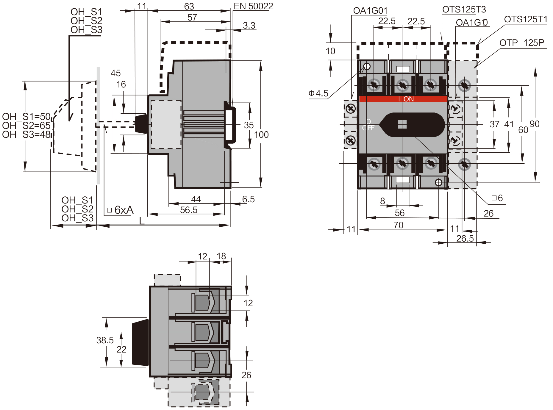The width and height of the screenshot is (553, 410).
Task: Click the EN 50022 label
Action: [x=253, y=6]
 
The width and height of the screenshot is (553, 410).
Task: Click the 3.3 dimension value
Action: [x=249, y=26]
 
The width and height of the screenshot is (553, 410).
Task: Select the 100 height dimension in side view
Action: [x=261, y=135]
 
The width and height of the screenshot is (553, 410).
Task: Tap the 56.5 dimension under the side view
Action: [x=189, y=210]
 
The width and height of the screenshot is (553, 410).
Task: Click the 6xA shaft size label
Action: [x=124, y=210]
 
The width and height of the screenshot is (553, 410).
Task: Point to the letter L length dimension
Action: [x=142, y=221]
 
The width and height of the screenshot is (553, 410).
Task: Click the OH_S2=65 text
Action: [x=26, y=126]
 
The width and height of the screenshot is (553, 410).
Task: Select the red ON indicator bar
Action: [x=403, y=99]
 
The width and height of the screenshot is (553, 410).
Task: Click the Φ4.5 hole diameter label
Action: [x=318, y=93]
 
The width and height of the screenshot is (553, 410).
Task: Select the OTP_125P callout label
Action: [x=521, y=43]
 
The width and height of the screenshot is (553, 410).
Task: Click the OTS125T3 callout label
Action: [x=464, y=10]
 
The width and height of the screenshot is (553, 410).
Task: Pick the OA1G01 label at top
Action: [x=370, y=11]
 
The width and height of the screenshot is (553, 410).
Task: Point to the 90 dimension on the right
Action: [x=535, y=124]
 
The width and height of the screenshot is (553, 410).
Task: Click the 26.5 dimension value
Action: [x=465, y=239]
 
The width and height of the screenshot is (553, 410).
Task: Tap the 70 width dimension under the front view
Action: [x=398, y=225]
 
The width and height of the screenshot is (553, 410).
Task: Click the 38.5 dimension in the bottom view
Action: [x=105, y=340]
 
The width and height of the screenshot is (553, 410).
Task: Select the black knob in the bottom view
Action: [x=140, y=342]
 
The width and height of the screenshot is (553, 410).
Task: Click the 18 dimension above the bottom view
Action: [x=221, y=256]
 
